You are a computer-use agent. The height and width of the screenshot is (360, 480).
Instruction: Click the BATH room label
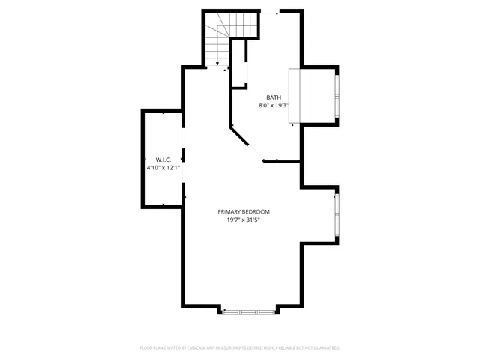pyautogui.click(x=274, y=97)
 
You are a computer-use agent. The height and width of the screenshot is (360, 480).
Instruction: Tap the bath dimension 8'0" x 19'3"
pyautogui.click(x=274, y=106)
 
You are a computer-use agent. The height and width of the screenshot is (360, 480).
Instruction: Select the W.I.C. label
pyautogui.click(x=163, y=160)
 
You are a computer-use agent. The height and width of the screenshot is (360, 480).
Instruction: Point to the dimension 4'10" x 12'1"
pyautogui.click(x=163, y=168)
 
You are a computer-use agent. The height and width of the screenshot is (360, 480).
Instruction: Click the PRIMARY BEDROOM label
pyautogui.click(x=244, y=211)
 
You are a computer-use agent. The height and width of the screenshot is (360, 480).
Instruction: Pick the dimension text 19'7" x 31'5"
pyautogui.click(x=244, y=220)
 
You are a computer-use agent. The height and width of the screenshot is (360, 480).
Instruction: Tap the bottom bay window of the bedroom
pyautogui.click(x=249, y=309)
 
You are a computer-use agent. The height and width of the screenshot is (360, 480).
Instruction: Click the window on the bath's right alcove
pyautogui.click(x=337, y=97)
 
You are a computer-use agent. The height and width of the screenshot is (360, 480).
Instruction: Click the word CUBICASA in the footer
pyautogui.click(x=199, y=348)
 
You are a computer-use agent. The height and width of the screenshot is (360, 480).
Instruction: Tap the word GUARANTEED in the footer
pyautogui.click(x=324, y=348)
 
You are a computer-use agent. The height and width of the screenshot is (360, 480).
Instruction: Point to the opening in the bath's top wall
pyautogui.click(x=269, y=12)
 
